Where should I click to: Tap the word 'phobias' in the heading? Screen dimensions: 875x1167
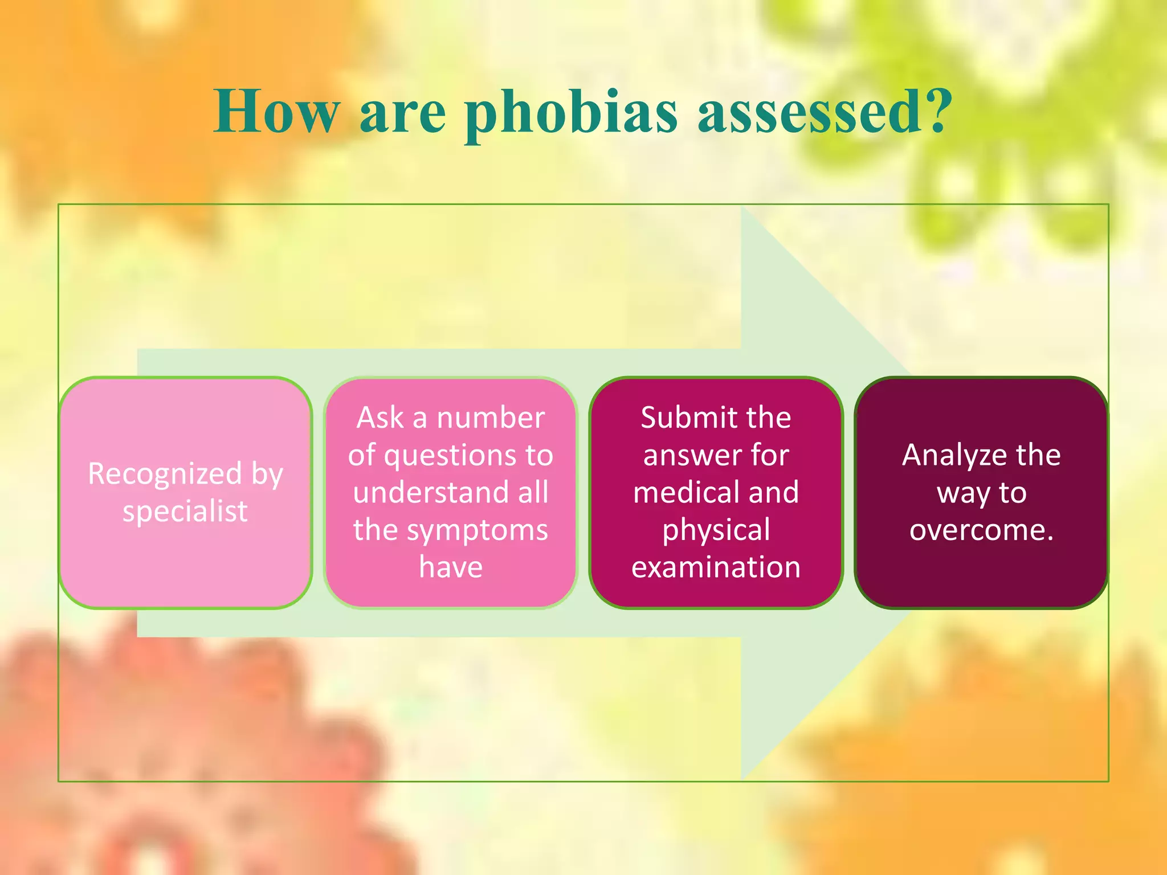[571, 113]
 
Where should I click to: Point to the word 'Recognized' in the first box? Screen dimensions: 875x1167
[165, 473]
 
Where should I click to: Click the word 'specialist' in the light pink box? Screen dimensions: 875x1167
[185, 511]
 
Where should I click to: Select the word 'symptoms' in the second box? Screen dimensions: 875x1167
[478, 530]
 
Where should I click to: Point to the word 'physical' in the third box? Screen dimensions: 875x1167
[716, 530]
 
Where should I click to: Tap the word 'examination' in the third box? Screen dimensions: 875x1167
[716, 567]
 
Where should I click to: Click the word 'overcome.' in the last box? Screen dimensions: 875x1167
[981, 530]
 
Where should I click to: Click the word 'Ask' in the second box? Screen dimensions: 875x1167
[380, 418]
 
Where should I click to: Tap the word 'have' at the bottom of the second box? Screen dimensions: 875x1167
[451, 567]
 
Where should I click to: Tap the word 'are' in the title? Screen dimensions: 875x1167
[402, 113]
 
